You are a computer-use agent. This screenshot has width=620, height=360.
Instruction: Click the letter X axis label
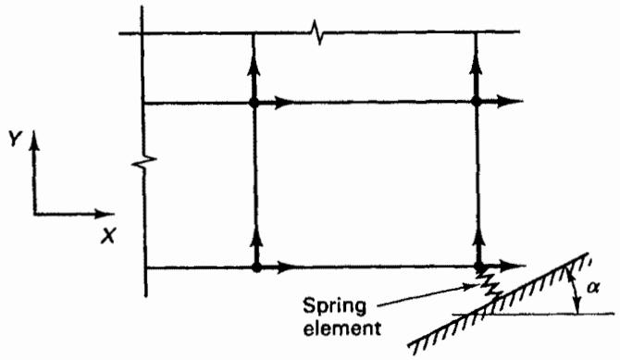[x=107, y=236]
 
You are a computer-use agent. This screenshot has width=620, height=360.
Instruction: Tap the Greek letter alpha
[x=593, y=289]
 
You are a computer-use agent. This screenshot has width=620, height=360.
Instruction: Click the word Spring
[x=334, y=307]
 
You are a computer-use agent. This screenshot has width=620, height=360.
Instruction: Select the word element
[x=341, y=328]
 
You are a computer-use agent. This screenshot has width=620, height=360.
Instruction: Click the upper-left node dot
[x=254, y=103]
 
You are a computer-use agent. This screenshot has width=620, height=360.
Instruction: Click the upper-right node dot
[x=476, y=102]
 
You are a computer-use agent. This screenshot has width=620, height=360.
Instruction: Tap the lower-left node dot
[x=256, y=267]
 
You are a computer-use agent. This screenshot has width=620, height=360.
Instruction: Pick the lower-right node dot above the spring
[x=479, y=267]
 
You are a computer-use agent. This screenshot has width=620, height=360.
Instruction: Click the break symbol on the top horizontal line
[x=317, y=32]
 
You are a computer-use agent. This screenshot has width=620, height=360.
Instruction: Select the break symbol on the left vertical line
[x=144, y=161]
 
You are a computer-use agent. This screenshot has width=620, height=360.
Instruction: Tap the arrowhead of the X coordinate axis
[x=104, y=215]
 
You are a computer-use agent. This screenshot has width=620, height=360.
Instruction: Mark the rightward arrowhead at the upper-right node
[x=508, y=101]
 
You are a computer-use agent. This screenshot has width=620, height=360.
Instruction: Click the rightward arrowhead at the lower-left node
[x=286, y=267]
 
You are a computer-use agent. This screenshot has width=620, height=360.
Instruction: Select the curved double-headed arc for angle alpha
[x=575, y=290]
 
